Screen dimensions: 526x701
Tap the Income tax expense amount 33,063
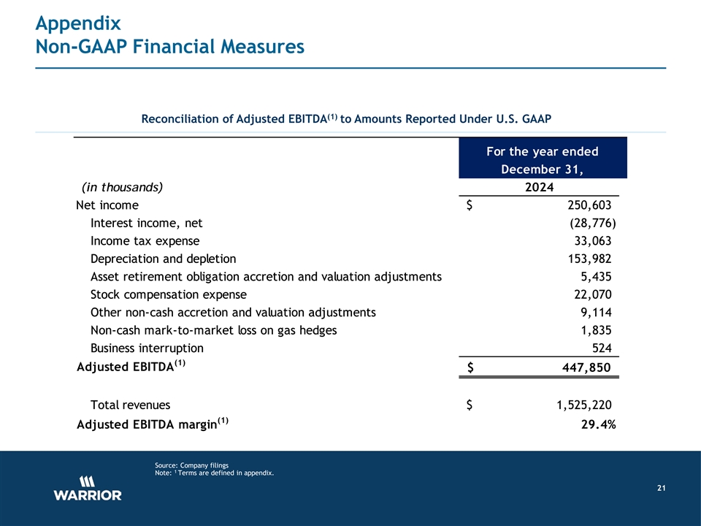pos(592,241)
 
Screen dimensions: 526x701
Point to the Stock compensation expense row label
pos(168,294)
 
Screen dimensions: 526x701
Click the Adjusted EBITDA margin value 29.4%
pos(592,426)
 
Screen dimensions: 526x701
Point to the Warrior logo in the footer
pos(88,488)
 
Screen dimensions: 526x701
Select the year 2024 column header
pos(539,187)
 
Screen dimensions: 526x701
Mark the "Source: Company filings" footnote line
pos(192,465)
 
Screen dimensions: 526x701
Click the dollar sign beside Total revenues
pos(472,405)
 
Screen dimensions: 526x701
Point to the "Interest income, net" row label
pos(146,223)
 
